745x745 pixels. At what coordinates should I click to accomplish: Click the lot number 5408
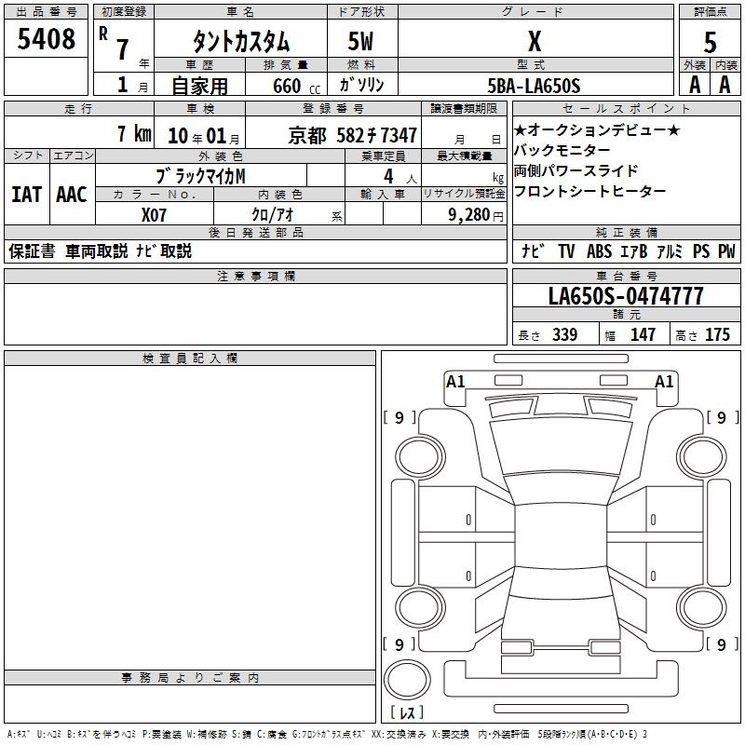coord(46,39)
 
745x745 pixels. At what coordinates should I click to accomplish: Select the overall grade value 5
coord(710,43)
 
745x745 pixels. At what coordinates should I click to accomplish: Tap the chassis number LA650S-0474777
coord(626,296)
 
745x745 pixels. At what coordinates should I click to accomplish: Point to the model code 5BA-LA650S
coord(534,86)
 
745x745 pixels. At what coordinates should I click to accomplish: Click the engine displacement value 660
coord(287,86)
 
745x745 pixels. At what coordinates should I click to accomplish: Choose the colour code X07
coord(154,215)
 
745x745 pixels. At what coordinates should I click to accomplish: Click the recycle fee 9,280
coord(468,215)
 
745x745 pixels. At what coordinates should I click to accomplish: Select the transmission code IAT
coord(27,195)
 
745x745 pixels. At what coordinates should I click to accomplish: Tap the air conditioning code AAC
coord(72,195)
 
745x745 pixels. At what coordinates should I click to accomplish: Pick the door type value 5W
coord(360,41)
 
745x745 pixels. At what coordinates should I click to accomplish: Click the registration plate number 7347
coord(399,136)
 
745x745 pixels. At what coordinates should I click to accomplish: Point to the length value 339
coord(564,334)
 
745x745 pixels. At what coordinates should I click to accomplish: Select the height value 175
coord(717,334)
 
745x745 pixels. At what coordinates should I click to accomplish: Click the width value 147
coord(643,334)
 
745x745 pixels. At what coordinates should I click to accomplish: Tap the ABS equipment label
coord(599,251)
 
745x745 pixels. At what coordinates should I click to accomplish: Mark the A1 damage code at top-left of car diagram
coord(455,382)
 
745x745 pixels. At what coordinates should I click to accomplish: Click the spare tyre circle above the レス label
coord(407,680)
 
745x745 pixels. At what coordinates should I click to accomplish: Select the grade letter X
coord(535,41)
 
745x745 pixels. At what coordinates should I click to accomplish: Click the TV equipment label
coord(566,251)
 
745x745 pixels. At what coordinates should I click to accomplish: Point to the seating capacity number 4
coord(388,176)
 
